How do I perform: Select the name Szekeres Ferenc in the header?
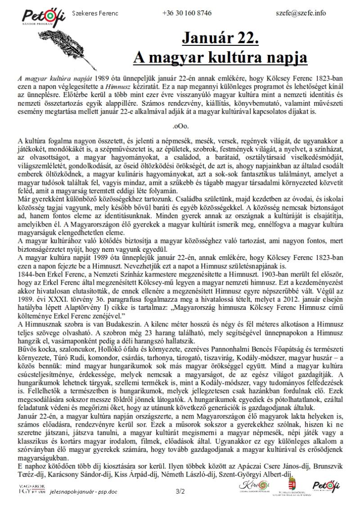(95, 13)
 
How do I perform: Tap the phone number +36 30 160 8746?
(187, 13)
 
